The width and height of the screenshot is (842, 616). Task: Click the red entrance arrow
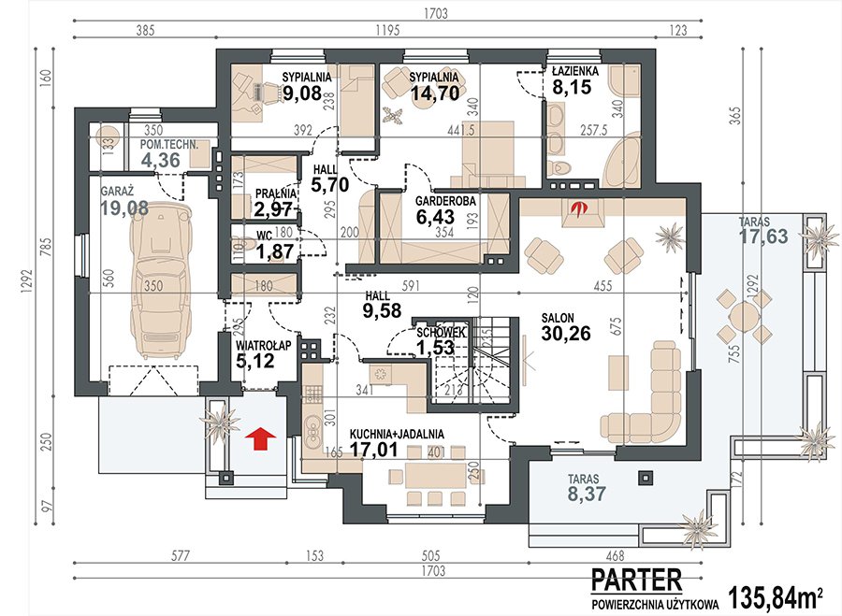[x=260, y=437]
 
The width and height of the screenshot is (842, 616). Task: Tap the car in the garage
[x=161, y=280]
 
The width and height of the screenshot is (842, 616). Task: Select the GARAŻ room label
[x=118, y=191]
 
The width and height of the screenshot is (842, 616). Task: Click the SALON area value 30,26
[x=566, y=333]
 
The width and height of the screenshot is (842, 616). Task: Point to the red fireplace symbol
[x=578, y=208]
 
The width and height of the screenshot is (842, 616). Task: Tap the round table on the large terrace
[x=745, y=316]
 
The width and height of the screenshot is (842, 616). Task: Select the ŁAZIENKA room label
[x=575, y=71]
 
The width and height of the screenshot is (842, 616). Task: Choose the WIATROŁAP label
[x=263, y=346]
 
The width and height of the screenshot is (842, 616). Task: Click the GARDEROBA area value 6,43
[x=435, y=217]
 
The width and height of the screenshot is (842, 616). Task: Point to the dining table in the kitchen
[x=435, y=475]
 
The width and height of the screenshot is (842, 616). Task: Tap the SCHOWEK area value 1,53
[x=435, y=348]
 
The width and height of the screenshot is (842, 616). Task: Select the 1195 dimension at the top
[x=387, y=30]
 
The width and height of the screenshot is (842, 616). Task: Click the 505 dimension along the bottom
[x=430, y=555]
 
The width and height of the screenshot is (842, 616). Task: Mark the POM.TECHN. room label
[x=169, y=145]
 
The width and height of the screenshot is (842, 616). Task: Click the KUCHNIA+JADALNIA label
[x=397, y=434]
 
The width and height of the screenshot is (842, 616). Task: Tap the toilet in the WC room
[x=246, y=246]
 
